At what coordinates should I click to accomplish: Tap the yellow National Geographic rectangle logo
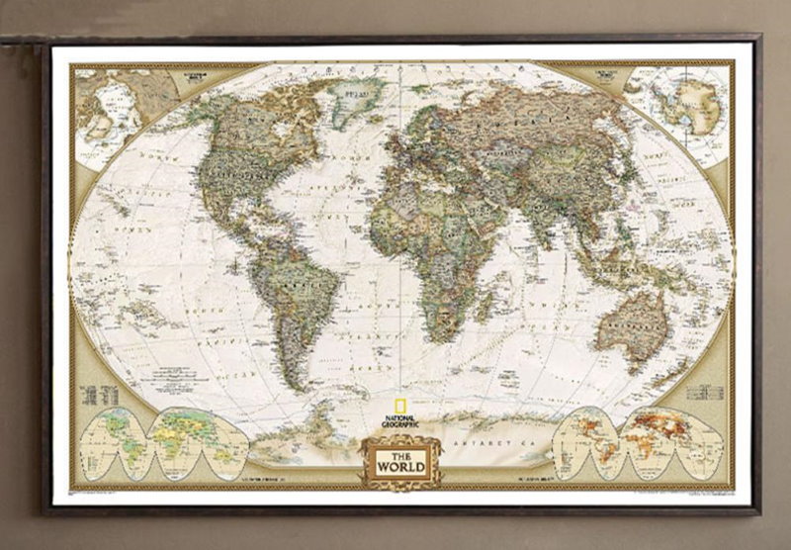pyautogui.click(x=399, y=405)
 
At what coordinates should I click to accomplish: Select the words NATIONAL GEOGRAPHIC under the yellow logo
pyautogui.click(x=399, y=421)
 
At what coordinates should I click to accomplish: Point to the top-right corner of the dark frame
pyautogui.click(x=759, y=39)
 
